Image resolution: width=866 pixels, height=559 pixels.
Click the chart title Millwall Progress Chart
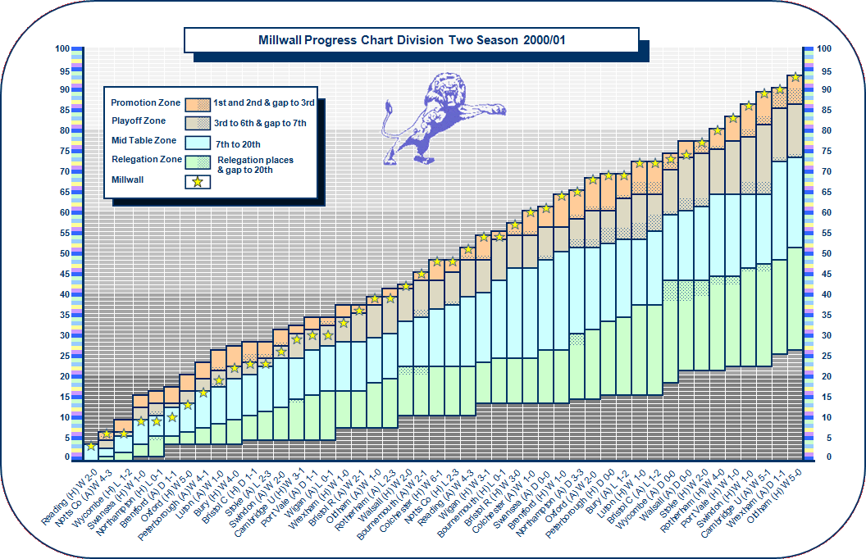pos(411,39)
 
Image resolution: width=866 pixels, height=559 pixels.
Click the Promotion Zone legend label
pos(146,102)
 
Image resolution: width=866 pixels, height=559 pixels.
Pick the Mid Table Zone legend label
pos(144,141)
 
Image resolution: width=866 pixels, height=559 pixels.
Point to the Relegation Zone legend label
pos(147,159)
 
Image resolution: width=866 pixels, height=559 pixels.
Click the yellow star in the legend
pos(198,181)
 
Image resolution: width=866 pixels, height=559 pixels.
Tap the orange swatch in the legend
pos(198,103)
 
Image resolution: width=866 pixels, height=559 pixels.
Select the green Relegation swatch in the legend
pos(198,161)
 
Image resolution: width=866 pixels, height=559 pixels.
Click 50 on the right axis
pos(824,253)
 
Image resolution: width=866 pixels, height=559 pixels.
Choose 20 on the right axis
pos(824,376)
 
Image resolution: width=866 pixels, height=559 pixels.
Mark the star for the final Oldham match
pos(795,77)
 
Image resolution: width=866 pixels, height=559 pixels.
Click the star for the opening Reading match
pos(90,446)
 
